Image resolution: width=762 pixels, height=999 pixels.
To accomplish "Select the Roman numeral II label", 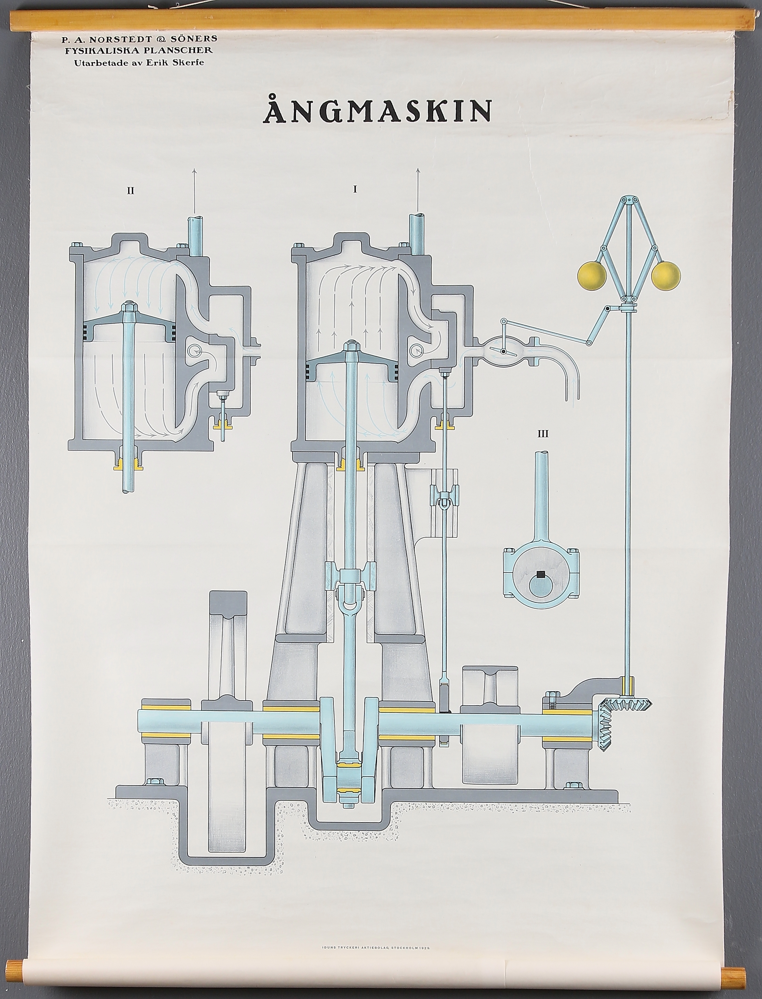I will tap(130, 191).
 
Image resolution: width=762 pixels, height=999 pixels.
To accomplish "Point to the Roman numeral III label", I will tap(543, 434).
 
